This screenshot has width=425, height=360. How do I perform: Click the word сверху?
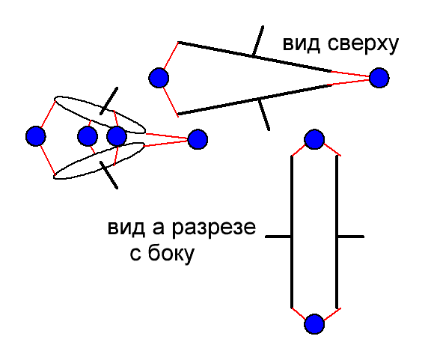[363, 45]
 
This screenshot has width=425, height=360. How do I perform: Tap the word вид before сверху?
[301, 44]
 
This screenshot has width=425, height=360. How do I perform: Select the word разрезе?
[214, 229]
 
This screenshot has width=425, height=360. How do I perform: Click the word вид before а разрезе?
[126, 228]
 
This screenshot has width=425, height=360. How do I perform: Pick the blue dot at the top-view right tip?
[379, 78]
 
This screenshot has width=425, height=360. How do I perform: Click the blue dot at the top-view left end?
[159, 78]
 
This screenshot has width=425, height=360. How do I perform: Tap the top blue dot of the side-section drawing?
[314, 139]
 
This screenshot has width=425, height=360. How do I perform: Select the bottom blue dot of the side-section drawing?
[314, 324]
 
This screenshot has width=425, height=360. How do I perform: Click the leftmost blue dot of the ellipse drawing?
[36, 136]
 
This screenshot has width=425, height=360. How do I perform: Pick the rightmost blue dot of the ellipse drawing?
[198, 139]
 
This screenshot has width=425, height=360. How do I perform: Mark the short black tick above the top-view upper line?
[257, 41]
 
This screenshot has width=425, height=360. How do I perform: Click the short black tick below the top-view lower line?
[263, 115]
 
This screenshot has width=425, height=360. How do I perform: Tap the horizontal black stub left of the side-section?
[278, 237]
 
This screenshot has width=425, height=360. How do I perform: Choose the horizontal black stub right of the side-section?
[351, 237]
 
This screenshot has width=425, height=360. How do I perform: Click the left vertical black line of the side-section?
[292, 232]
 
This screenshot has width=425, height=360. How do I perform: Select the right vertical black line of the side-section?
[337, 232]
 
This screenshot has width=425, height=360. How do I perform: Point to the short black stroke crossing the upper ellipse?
[109, 101]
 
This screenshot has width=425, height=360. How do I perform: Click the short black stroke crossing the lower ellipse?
[109, 175]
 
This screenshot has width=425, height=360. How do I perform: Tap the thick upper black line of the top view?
[255, 57]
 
